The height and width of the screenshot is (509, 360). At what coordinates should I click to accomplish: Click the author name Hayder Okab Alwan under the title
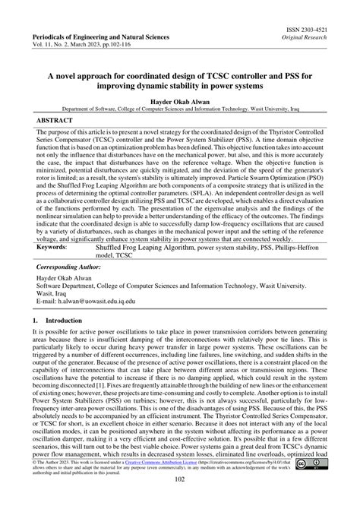point(179,101)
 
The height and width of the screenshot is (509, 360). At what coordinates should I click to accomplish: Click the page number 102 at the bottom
point(180,499)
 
